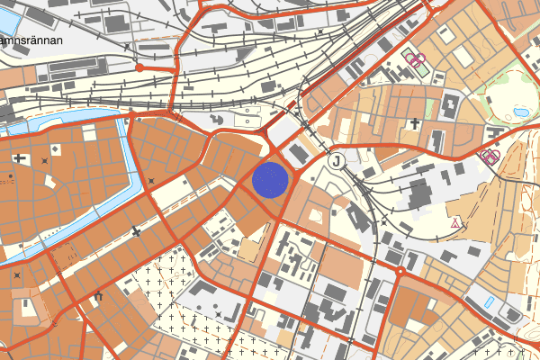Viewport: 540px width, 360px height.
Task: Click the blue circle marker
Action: tap(270, 179)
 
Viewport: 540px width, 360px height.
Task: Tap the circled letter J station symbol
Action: tap(337, 161)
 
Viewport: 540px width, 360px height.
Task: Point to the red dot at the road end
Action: tap(139, 67)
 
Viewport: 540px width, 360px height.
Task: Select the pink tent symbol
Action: tap(456, 221)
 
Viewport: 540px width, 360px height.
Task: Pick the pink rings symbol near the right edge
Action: tap(490, 157)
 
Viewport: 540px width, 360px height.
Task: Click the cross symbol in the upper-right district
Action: tap(415, 123)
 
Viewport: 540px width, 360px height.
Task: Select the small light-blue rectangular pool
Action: tap(489, 301)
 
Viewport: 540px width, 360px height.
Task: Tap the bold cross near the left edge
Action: tap(20, 158)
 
